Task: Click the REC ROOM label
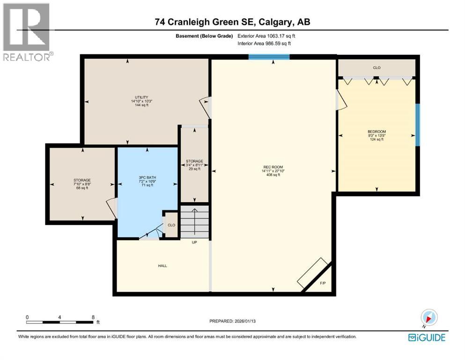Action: coord(273,167)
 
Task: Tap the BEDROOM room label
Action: coord(376,131)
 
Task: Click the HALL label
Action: coord(162,266)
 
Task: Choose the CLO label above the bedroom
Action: coord(376,68)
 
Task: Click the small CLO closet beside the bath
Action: coord(171,225)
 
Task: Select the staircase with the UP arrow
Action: coord(195,221)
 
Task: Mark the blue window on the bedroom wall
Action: coord(418,125)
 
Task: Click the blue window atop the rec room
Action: coord(269,57)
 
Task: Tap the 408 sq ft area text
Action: coord(273,175)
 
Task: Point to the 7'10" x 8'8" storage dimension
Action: coord(81,184)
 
